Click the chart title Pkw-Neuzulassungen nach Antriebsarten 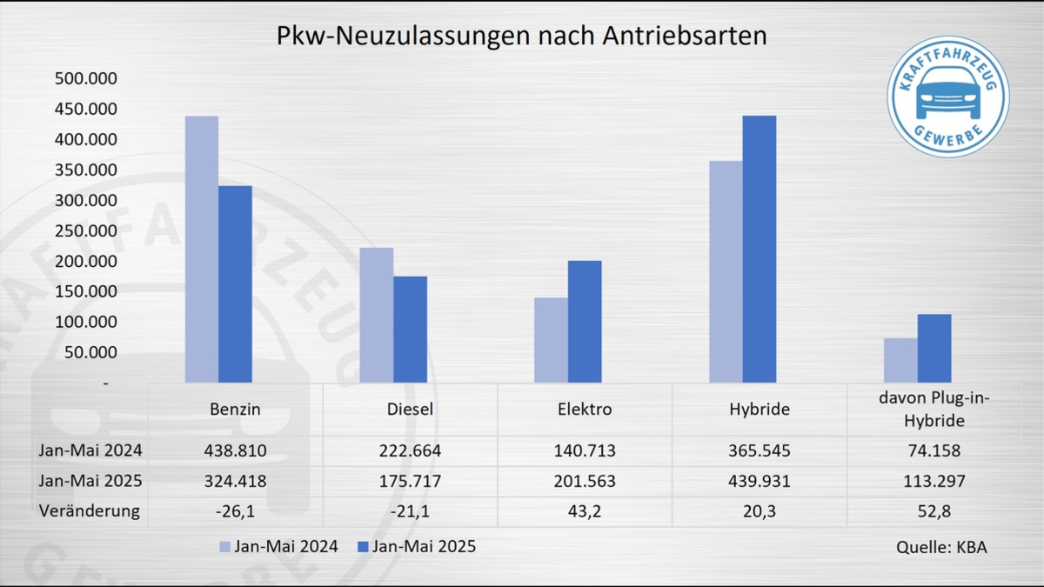(x=522, y=36)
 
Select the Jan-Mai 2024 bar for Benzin (x=202, y=250)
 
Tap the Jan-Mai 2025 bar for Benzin (x=236, y=284)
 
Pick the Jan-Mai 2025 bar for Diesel (x=410, y=330)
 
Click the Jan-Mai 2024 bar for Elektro (x=551, y=340)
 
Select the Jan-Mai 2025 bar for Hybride (x=759, y=250)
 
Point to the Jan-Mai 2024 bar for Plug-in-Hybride (x=900, y=360)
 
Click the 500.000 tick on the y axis (x=86, y=79)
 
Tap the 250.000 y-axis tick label (x=86, y=231)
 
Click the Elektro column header (x=584, y=409)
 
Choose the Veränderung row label (x=90, y=511)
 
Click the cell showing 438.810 (x=235, y=451)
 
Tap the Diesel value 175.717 (x=410, y=481)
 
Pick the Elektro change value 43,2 (x=584, y=511)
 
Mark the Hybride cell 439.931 (x=758, y=481)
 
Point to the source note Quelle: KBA (x=941, y=548)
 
